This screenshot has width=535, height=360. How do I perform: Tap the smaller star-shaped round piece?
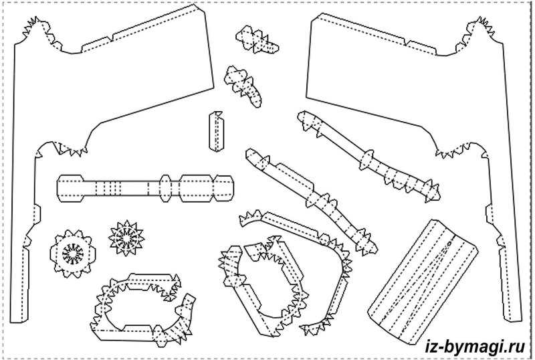pyautogui.click(x=126, y=236)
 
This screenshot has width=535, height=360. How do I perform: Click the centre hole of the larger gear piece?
pyautogui.click(x=72, y=253)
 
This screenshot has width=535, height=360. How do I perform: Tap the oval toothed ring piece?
pyautogui.click(x=142, y=306)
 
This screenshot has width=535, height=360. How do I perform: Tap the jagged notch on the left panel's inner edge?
pyautogui.click(x=67, y=149)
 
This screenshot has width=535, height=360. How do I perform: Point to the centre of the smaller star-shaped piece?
pyautogui.click(x=126, y=236)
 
